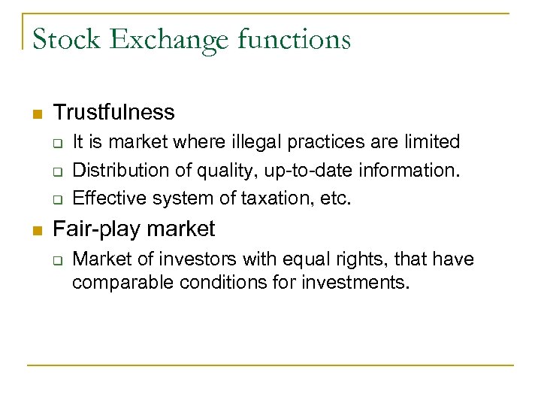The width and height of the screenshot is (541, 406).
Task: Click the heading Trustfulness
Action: click(x=113, y=113)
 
